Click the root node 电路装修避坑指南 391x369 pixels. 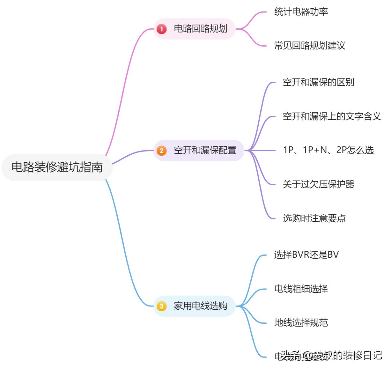(57, 167)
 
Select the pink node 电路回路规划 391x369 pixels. (200, 29)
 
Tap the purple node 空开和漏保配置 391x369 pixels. (205, 150)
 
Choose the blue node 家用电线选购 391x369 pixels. (200, 306)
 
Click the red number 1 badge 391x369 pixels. (162, 29)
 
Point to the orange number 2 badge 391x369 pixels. (162, 151)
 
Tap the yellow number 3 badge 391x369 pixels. (162, 306)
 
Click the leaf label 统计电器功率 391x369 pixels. (301, 12)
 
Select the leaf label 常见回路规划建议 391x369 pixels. (310, 46)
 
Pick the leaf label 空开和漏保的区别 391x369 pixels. (318, 82)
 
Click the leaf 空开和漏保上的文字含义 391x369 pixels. (332, 116)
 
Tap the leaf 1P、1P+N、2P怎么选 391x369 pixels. (328, 150)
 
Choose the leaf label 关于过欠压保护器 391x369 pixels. (318, 184)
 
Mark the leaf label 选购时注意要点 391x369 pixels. (314, 218)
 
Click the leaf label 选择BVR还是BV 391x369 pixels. (306, 255)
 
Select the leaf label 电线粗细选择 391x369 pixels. (301, 289)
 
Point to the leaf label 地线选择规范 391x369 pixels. (301, 322)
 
